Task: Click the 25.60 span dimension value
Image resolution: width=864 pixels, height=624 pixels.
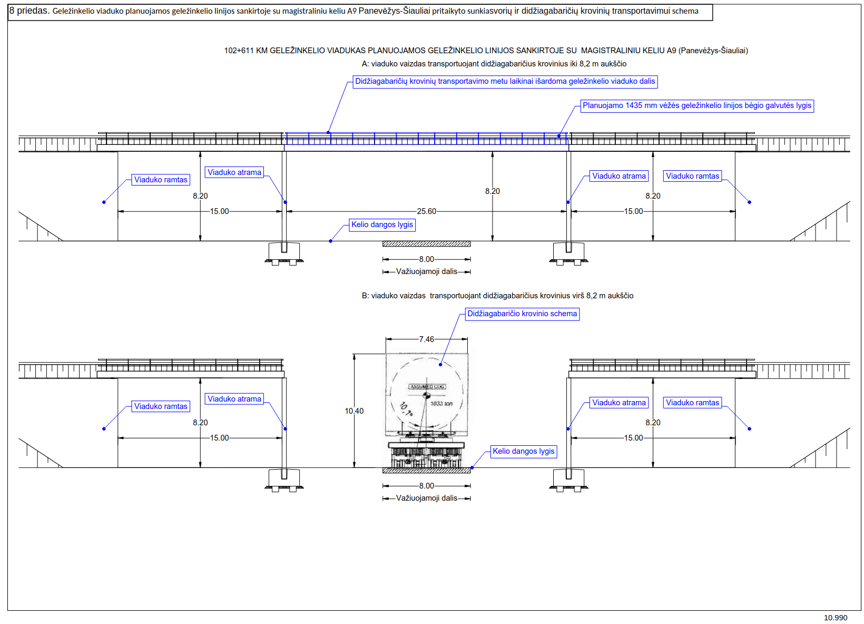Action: coord(426,211)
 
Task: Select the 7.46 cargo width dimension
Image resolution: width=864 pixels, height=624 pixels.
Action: coord(426,339)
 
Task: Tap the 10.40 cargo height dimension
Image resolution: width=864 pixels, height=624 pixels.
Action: coord(354,411)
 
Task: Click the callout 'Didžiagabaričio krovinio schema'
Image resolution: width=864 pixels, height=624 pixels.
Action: coord(522,314)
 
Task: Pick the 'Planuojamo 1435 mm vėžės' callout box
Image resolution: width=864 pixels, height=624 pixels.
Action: coord(696,106)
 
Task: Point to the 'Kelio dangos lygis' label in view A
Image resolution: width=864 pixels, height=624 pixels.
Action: coord(382,225)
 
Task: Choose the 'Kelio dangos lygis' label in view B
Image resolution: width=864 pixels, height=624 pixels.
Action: coord(523,452)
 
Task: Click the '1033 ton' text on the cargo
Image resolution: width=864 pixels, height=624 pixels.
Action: coord(441,404)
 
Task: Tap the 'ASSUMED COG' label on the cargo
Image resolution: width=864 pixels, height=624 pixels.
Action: coord(427,387)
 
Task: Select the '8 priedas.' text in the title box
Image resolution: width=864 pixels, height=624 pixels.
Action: coord(30,11)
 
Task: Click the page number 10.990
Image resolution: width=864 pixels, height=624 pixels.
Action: coord(836,618)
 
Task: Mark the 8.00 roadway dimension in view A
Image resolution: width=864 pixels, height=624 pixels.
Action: coord(426,259)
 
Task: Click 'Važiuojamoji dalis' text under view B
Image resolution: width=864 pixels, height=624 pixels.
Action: coord(426,498)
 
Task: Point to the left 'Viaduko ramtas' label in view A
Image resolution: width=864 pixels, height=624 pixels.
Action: coord(161,180)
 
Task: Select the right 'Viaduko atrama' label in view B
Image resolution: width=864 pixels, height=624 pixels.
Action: coord(618,403)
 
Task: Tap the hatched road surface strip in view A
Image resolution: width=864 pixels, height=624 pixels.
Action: coord(426,244)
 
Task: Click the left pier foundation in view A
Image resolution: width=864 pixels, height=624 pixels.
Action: coord(284,253)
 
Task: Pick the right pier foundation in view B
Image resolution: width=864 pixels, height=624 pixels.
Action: coord(568,480)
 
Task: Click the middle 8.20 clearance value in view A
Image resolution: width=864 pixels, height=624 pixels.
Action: coord(492,191)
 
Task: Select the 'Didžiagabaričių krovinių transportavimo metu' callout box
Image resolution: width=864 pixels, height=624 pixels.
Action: coord(505,82)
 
